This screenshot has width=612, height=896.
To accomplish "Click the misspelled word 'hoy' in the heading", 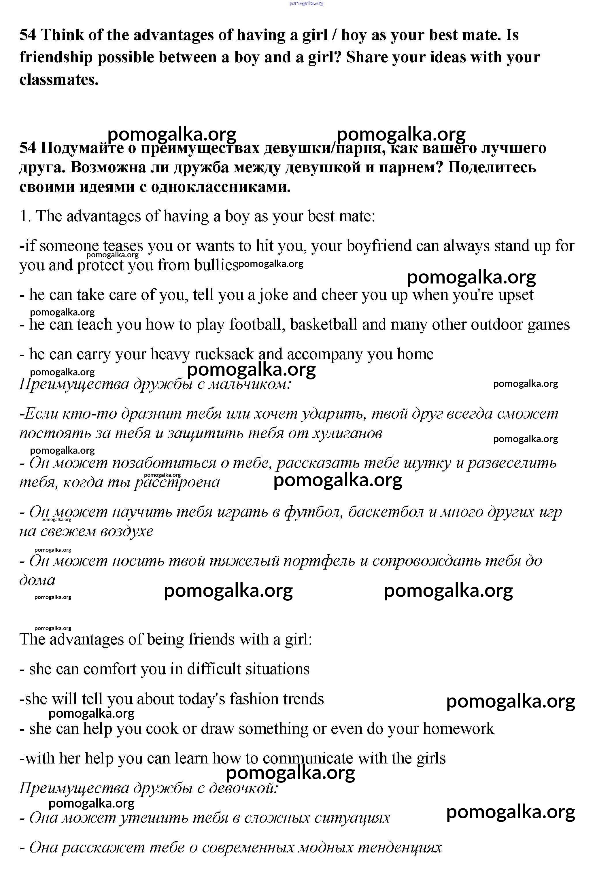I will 354,35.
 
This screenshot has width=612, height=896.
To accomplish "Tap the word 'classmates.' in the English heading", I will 59,80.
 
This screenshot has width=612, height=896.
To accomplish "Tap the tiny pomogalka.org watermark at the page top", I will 306,3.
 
